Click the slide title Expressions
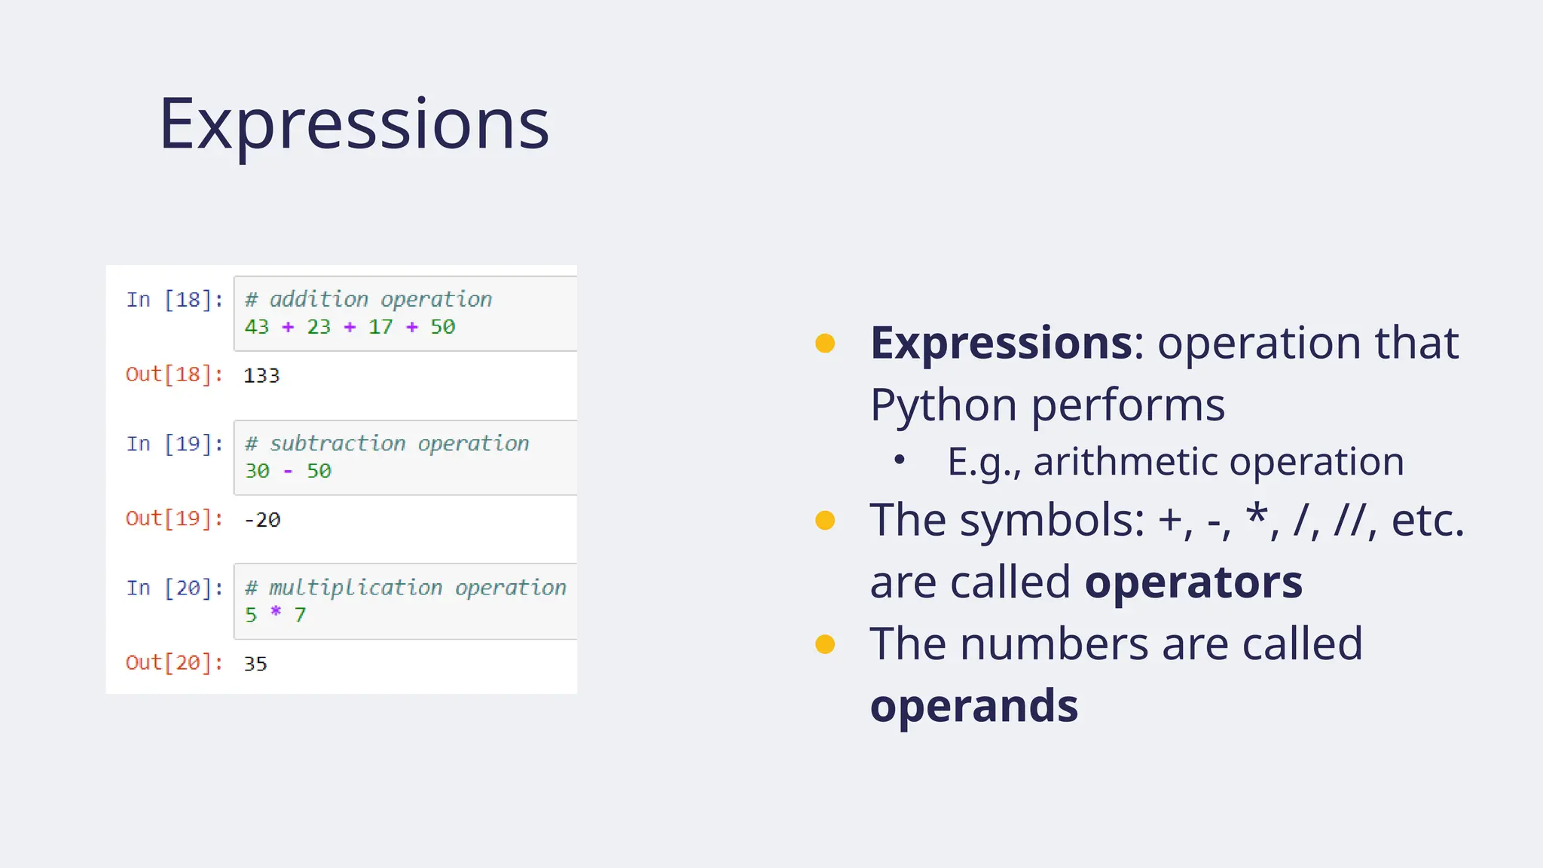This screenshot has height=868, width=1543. [353, 125]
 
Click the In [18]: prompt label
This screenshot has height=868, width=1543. [175, 300]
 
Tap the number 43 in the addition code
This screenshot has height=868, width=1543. [256, 327]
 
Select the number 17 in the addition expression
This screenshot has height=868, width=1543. [380, 327]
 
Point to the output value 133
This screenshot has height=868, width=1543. [261, 375]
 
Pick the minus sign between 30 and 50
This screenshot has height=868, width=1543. [288, 472]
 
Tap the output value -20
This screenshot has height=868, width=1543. [262, 520]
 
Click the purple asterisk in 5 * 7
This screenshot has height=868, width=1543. [276, 612]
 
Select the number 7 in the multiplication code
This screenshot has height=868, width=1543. [300, 616]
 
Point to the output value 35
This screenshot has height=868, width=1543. [255, 664]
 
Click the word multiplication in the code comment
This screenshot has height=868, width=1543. [355, 588]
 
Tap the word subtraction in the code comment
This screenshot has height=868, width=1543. [338, 444]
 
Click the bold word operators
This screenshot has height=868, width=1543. [1193, 582]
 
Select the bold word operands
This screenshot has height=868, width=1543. [973, 706]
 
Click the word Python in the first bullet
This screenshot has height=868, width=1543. [943, 405]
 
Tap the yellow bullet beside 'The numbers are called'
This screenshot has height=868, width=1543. [825, 644]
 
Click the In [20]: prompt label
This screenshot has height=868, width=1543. [175, 588]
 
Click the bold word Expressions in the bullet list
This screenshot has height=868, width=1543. [1001, 343]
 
